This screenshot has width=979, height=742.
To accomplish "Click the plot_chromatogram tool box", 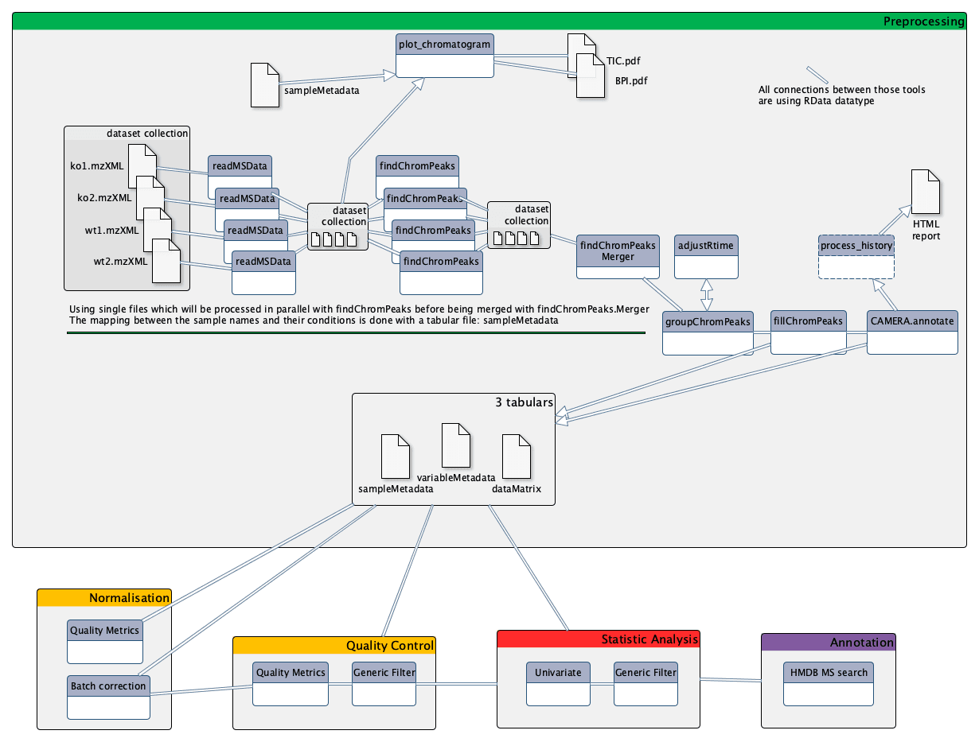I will [x=445, y=55].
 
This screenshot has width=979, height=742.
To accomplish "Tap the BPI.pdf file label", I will [x=631, y=80].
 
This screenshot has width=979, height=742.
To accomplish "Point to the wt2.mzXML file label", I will [x=120, y=261].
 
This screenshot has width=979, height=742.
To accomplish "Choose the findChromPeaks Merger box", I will [x=618, y=255].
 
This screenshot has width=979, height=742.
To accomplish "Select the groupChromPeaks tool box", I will [x=708, y=332].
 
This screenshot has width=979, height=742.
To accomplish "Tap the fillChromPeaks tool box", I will [x=808, y=331].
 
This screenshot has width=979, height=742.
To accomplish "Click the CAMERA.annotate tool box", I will [x=911, y=331].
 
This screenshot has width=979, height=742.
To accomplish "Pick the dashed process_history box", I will [x=856, y=255].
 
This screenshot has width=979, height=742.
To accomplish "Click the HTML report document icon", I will [x=925, y=191].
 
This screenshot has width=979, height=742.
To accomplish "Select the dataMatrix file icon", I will [x=516, y=456].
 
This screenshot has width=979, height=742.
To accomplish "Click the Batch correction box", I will [x=108, y=696].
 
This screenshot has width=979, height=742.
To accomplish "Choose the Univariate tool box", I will [x=558, y=682].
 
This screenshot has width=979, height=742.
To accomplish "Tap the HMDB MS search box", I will [x=828, y=682].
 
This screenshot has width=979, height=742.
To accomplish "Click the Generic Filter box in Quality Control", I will [x=384, y=682].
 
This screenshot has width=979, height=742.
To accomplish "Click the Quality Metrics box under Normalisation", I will [x=105, y=640].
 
